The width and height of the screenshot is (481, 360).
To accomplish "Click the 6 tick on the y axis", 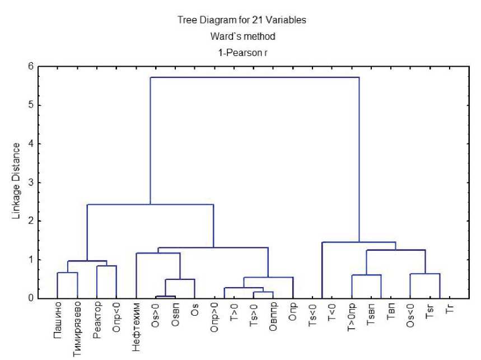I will [31, 66].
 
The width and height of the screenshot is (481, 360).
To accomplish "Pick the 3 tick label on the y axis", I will [31, 183].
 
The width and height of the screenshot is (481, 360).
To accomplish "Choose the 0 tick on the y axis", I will [31, 298].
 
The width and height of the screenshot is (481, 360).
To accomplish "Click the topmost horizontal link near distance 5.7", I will [254, 77].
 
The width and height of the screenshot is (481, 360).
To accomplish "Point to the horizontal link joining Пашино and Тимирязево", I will [67, 273].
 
